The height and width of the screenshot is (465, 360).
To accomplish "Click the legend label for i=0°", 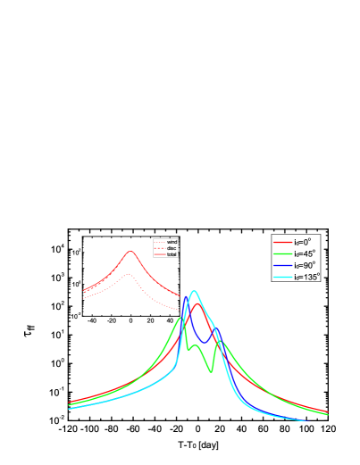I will [304, 242].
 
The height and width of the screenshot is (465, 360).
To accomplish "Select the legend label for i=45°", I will [305, 253].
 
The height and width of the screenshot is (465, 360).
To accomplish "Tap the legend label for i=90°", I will [305, 265].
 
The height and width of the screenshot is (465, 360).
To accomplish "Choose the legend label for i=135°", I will [306, 277].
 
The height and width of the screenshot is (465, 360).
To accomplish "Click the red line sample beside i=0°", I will [282, 242].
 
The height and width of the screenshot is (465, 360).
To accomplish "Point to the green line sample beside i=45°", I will [282, 253].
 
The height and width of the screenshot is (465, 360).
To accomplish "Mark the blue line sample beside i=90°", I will [282, 265].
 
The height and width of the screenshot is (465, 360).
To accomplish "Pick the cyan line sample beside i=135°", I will [282, 277].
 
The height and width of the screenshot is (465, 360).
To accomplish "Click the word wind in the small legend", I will [172, 242].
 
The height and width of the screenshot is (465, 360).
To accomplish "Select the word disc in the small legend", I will [172, 248].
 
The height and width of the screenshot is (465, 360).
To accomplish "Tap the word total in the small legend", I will [172, 254].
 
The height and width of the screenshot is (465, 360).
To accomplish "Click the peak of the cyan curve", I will [194, 291].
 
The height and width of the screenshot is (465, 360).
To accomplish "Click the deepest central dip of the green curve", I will [212, 371].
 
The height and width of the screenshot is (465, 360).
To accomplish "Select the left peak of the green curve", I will [181, 318].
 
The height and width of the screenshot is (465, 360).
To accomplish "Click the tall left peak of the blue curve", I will [186, 295].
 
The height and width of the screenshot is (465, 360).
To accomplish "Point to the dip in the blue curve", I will [206, 342].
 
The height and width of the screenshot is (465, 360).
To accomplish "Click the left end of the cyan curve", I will [69, 409].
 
